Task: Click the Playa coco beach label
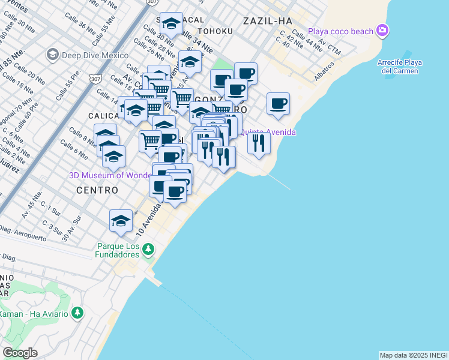pyautogui.click(x=341, y=31)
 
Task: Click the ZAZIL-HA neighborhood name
pyautogui.click(x=267, y=21)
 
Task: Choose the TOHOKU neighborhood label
pyautogui.click(x=214, y=31)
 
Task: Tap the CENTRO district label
pyautogui.click(x=97, y=190)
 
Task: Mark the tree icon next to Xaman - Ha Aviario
pyautogui.click(x=77, y=313)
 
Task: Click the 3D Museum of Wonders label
pyautogui.click(x=110, y=175)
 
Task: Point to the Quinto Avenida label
pyautogui.click(x=270, y=132)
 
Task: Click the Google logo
pyautogui.click(x=19, y=353)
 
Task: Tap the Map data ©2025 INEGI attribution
pyautogui.click(x=413, y=355)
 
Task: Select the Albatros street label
pyautogui.click(x=324, y=71)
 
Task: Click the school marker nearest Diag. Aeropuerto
pyautogui.click(x=121, y=220)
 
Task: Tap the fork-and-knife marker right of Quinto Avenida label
pyautogui.click(x=259, y=143)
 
